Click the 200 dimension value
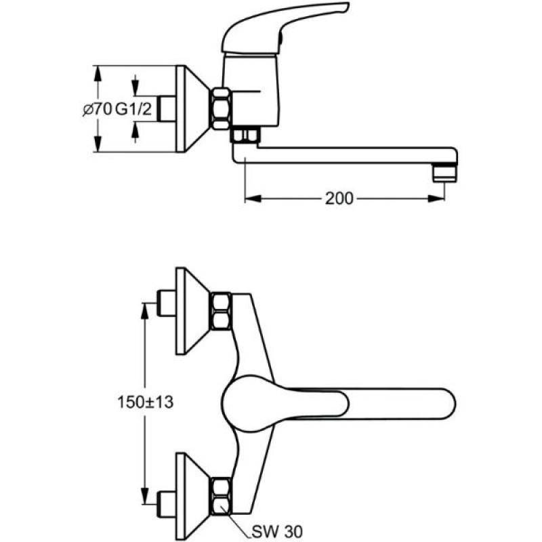[x=339, y=199]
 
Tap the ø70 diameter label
[x=97, y=110]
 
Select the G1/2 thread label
[x=133, y=110]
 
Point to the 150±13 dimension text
[x=145, y=402]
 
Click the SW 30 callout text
[x=277, y=531]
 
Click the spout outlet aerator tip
[x=445, y=172]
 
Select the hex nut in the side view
[x=222, y=109]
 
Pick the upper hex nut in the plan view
[x=222, y=311]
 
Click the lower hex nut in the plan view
[x=222, y=496]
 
